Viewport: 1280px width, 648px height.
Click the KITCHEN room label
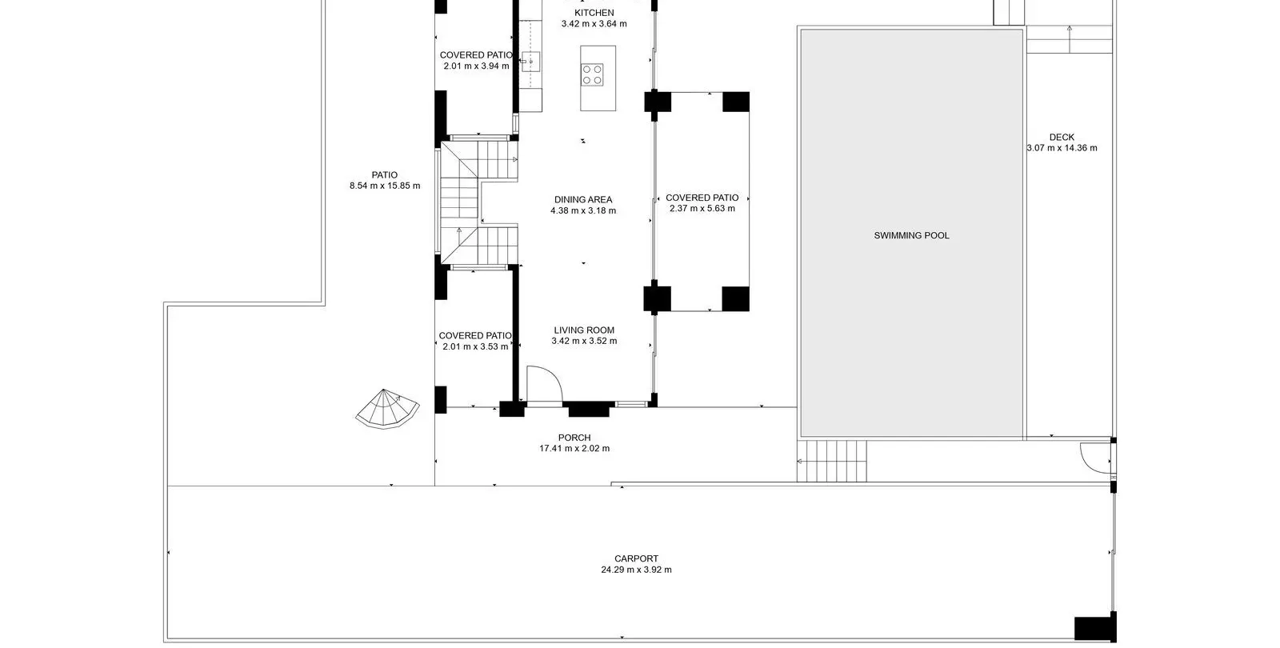(594, 13)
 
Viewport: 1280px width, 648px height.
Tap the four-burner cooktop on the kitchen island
(592, 74)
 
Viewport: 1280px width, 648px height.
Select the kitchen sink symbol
(531, 61)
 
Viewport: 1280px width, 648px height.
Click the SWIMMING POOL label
(911, 235)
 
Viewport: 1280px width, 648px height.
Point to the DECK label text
(1062, 137)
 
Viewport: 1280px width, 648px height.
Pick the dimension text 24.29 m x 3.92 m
(637, 570)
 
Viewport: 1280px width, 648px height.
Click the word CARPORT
(637, 559)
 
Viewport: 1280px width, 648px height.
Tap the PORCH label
(574, 438)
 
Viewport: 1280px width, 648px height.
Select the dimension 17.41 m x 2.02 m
(574, 449)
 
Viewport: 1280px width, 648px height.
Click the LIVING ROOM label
(584, 330)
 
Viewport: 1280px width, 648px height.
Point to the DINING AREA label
(583, 199)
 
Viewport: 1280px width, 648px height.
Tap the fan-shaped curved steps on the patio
(387, 409)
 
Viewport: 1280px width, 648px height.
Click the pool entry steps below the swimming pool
(832, 461)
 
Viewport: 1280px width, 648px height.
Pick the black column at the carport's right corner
(1095, 629)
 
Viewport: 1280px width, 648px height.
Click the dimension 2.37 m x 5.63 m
(702, 209)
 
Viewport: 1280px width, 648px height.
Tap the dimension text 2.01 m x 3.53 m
(475, 347)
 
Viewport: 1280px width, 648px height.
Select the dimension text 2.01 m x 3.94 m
(476, 66)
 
